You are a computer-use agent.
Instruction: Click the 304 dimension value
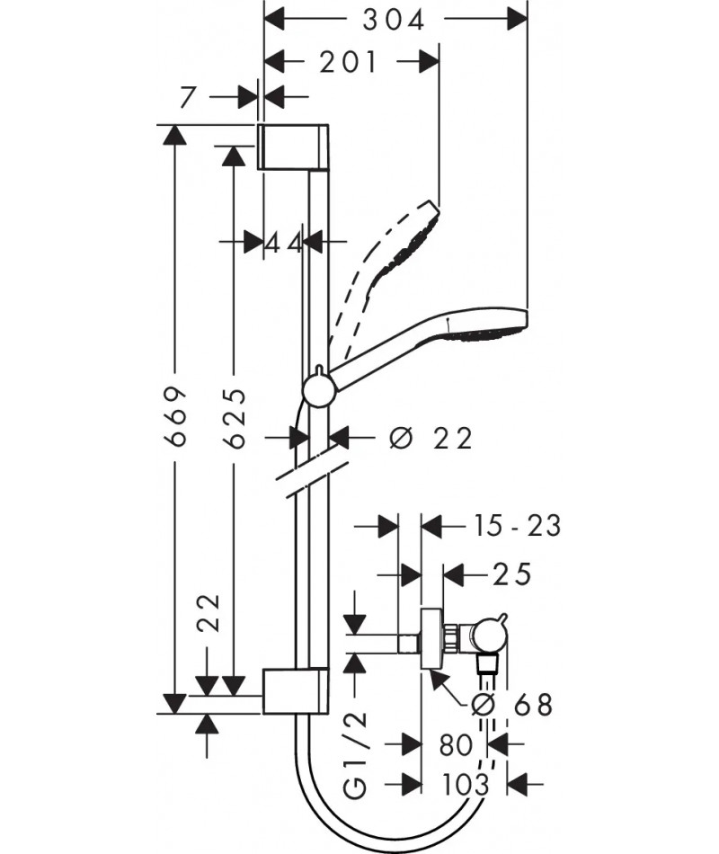(x=394, y=21)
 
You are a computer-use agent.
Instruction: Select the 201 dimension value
(x=348, y=62)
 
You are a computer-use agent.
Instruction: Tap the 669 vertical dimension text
(x=176, y=416)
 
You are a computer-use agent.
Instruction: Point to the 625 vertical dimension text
(x=235, y=418)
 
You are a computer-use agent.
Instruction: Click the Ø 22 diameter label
(x=431, y=438)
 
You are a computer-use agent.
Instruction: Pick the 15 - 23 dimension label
(x=517, y=526)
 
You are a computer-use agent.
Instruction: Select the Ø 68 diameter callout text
(x=512, y=705)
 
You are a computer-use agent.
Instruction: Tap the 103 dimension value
(x=465, y=785)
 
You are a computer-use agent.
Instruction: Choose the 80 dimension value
(x=456, y=745)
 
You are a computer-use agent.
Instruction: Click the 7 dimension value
(x=187, y=97)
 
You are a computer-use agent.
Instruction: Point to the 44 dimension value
(x=283, y=243)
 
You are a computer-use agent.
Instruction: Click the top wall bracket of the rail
(x=293, y=147)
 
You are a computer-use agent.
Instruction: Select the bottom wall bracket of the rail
(x=296, y=690)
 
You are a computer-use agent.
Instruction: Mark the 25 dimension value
(x=511, y=574)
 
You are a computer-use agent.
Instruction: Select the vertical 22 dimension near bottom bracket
(x=209, y=613)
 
